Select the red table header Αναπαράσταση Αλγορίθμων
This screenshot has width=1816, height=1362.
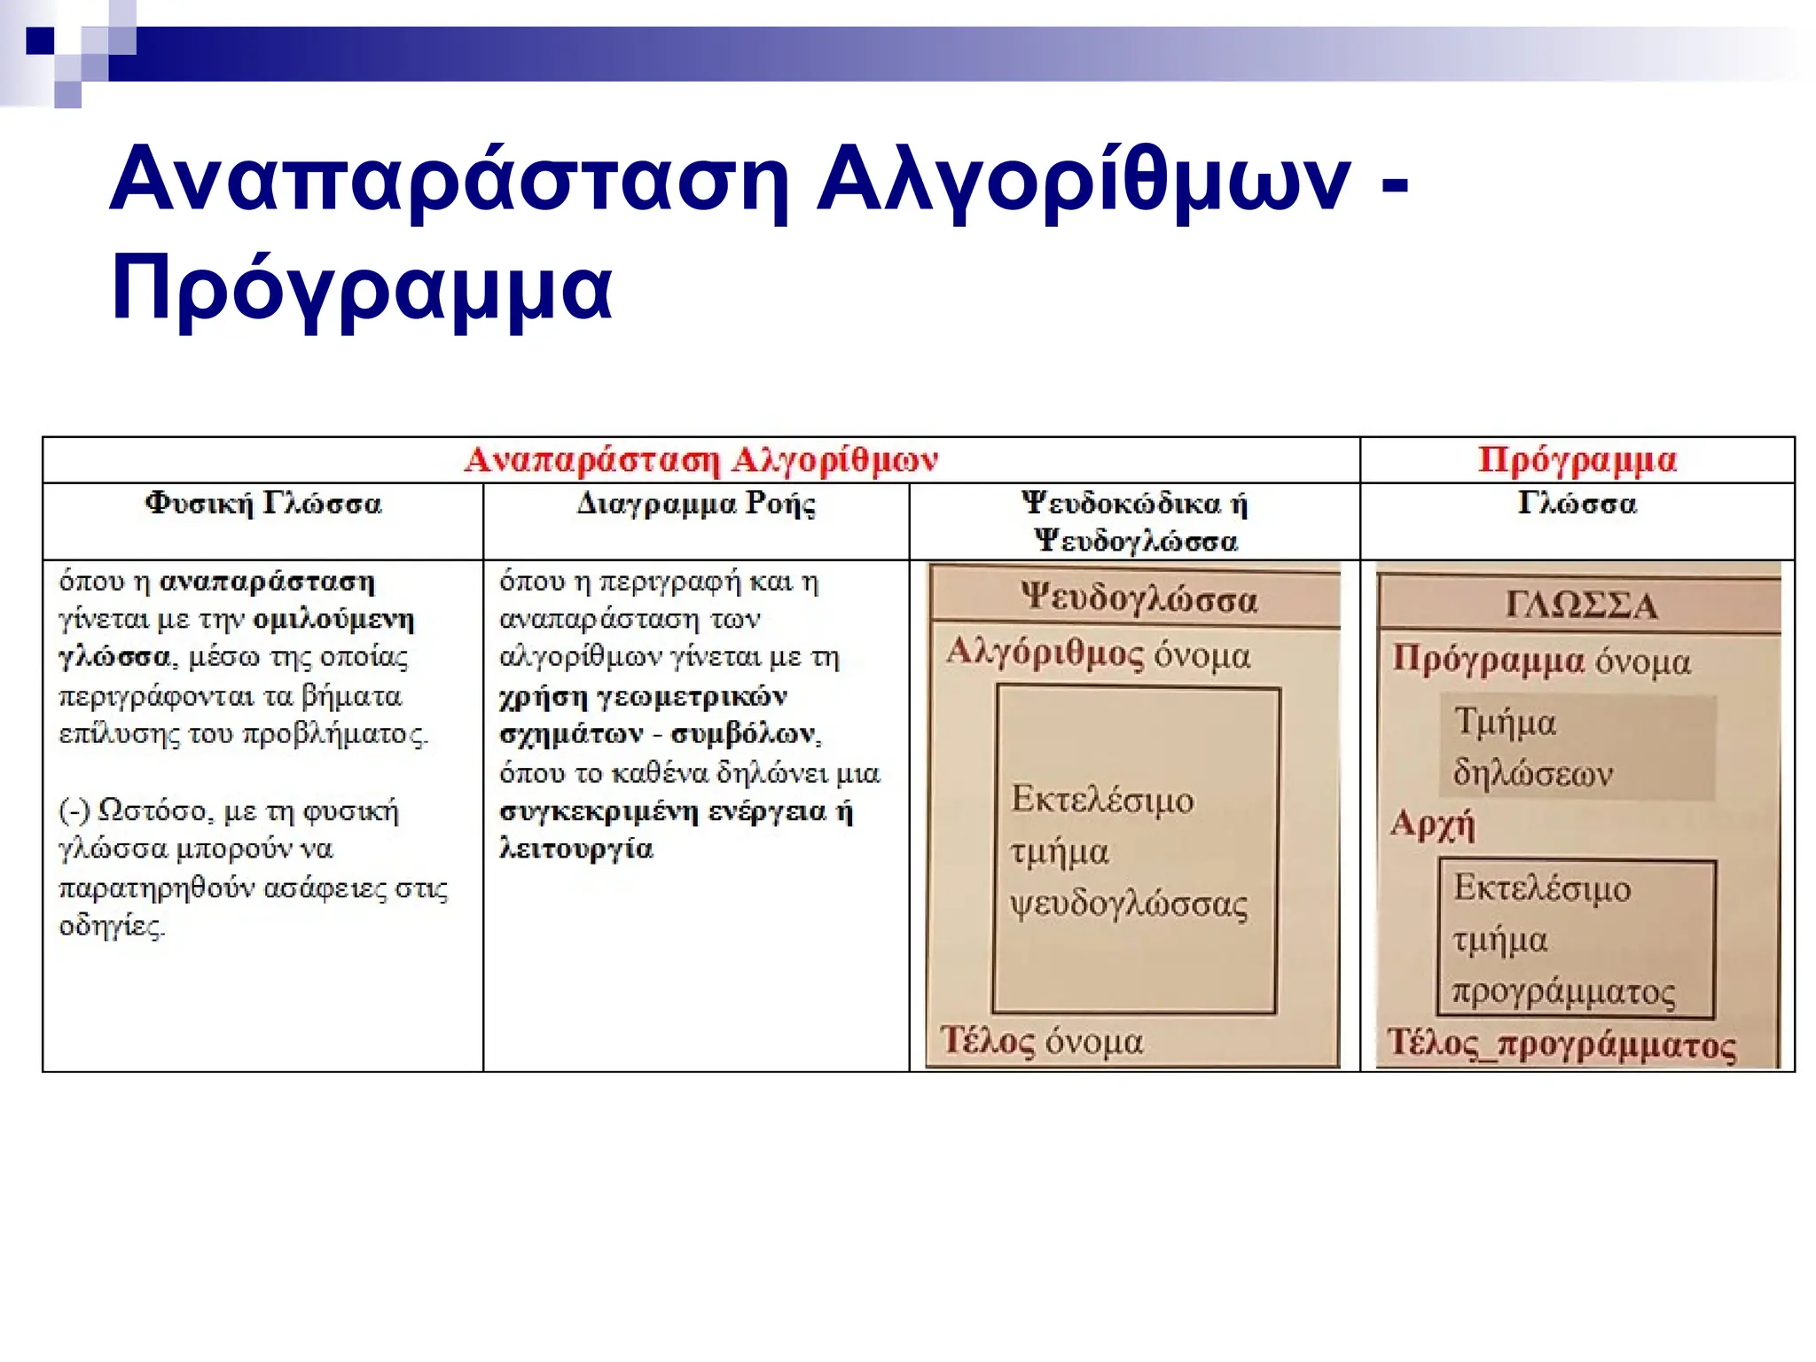click(701, 460)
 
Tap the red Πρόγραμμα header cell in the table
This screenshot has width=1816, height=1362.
click(1577, 460)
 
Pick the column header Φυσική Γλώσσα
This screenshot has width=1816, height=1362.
click(263, 504)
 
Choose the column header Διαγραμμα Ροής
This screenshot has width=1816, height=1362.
click(696, 504)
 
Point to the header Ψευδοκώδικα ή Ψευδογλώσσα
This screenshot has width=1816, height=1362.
click(1135, 521)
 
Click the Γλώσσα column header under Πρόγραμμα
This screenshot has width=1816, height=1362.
click(1577, 504)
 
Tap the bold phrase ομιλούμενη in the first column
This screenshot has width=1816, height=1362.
click(333, 619)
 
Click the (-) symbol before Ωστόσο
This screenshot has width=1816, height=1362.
click(74, 810)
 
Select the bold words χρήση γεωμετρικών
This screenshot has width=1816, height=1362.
click(643, 696)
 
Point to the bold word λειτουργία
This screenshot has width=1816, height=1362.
click(576, 849)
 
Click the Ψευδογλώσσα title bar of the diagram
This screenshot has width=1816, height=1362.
click(1138, 599)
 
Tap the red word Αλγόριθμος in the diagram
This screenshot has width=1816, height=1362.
click(1045, 654)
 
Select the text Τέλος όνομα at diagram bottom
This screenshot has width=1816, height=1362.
click(1042, 1041)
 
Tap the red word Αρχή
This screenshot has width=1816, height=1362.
click(1432, 824)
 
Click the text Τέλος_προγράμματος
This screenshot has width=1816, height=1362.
click(1562, 1044)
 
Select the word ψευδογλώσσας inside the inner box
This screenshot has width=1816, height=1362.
click(1129, 905)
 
